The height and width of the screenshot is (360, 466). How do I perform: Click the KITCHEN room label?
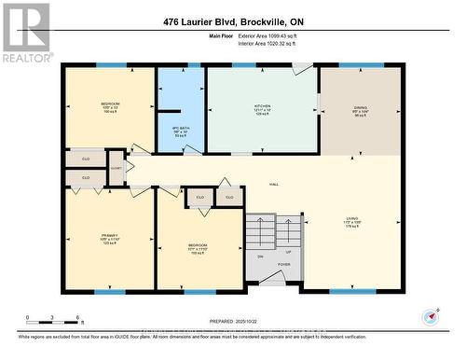[262, 107]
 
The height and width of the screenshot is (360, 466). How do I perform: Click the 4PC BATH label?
[181, 130]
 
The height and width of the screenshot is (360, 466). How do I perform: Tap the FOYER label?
[284, 264]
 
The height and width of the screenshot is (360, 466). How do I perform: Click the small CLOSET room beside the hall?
[116, 168]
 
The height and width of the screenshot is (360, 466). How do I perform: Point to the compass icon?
[430, 317]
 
